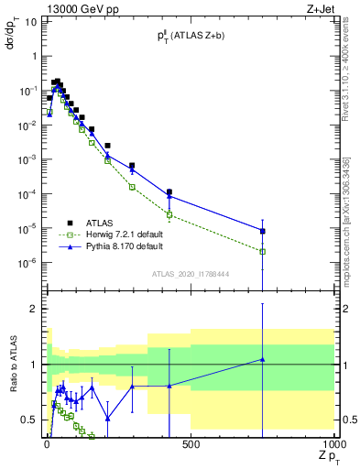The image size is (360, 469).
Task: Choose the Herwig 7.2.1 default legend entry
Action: [123, 234]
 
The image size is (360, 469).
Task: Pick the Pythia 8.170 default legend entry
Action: [123, 247]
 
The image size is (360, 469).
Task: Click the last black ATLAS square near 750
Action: [263, 231]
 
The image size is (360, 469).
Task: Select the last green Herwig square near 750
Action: [263, 251]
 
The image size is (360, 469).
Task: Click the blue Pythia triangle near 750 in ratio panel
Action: [263, 359]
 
